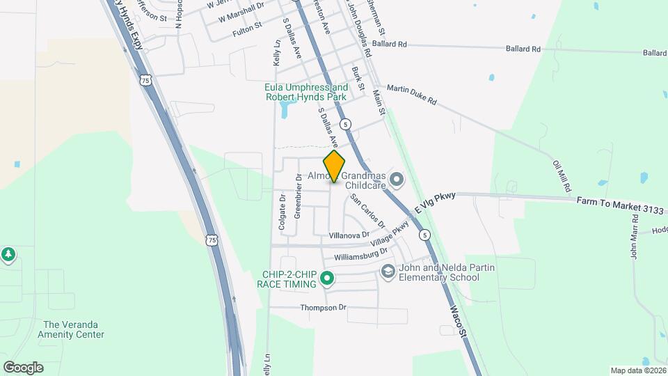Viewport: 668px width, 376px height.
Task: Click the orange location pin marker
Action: (334, 166)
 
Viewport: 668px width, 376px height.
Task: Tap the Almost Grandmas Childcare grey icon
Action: (397, 180)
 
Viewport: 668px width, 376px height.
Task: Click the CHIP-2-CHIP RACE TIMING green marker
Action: (326, 281)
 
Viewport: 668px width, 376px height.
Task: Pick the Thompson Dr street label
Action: (323, 308)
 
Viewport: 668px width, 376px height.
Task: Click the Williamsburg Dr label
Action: (360, 256)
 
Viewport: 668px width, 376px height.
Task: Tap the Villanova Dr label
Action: (349, 235)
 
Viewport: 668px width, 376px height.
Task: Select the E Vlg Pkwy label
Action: (434, 203)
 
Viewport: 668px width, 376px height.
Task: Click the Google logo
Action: (23, 367)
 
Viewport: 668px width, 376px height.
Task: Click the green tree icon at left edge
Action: (8, 255)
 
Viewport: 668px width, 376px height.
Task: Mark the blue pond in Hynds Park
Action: (286, 108)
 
